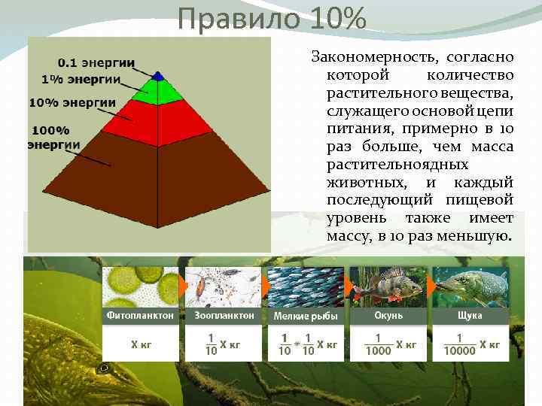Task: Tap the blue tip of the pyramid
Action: [157, 76]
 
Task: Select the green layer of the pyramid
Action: [157, 91]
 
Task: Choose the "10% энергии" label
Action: [72, 102]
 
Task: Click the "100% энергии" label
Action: [53, 137]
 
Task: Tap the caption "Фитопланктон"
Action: [142, 316]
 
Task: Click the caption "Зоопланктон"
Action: [224, 316]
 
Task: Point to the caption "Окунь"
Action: [388, 316]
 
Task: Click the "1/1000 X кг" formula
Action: [388, 344]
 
